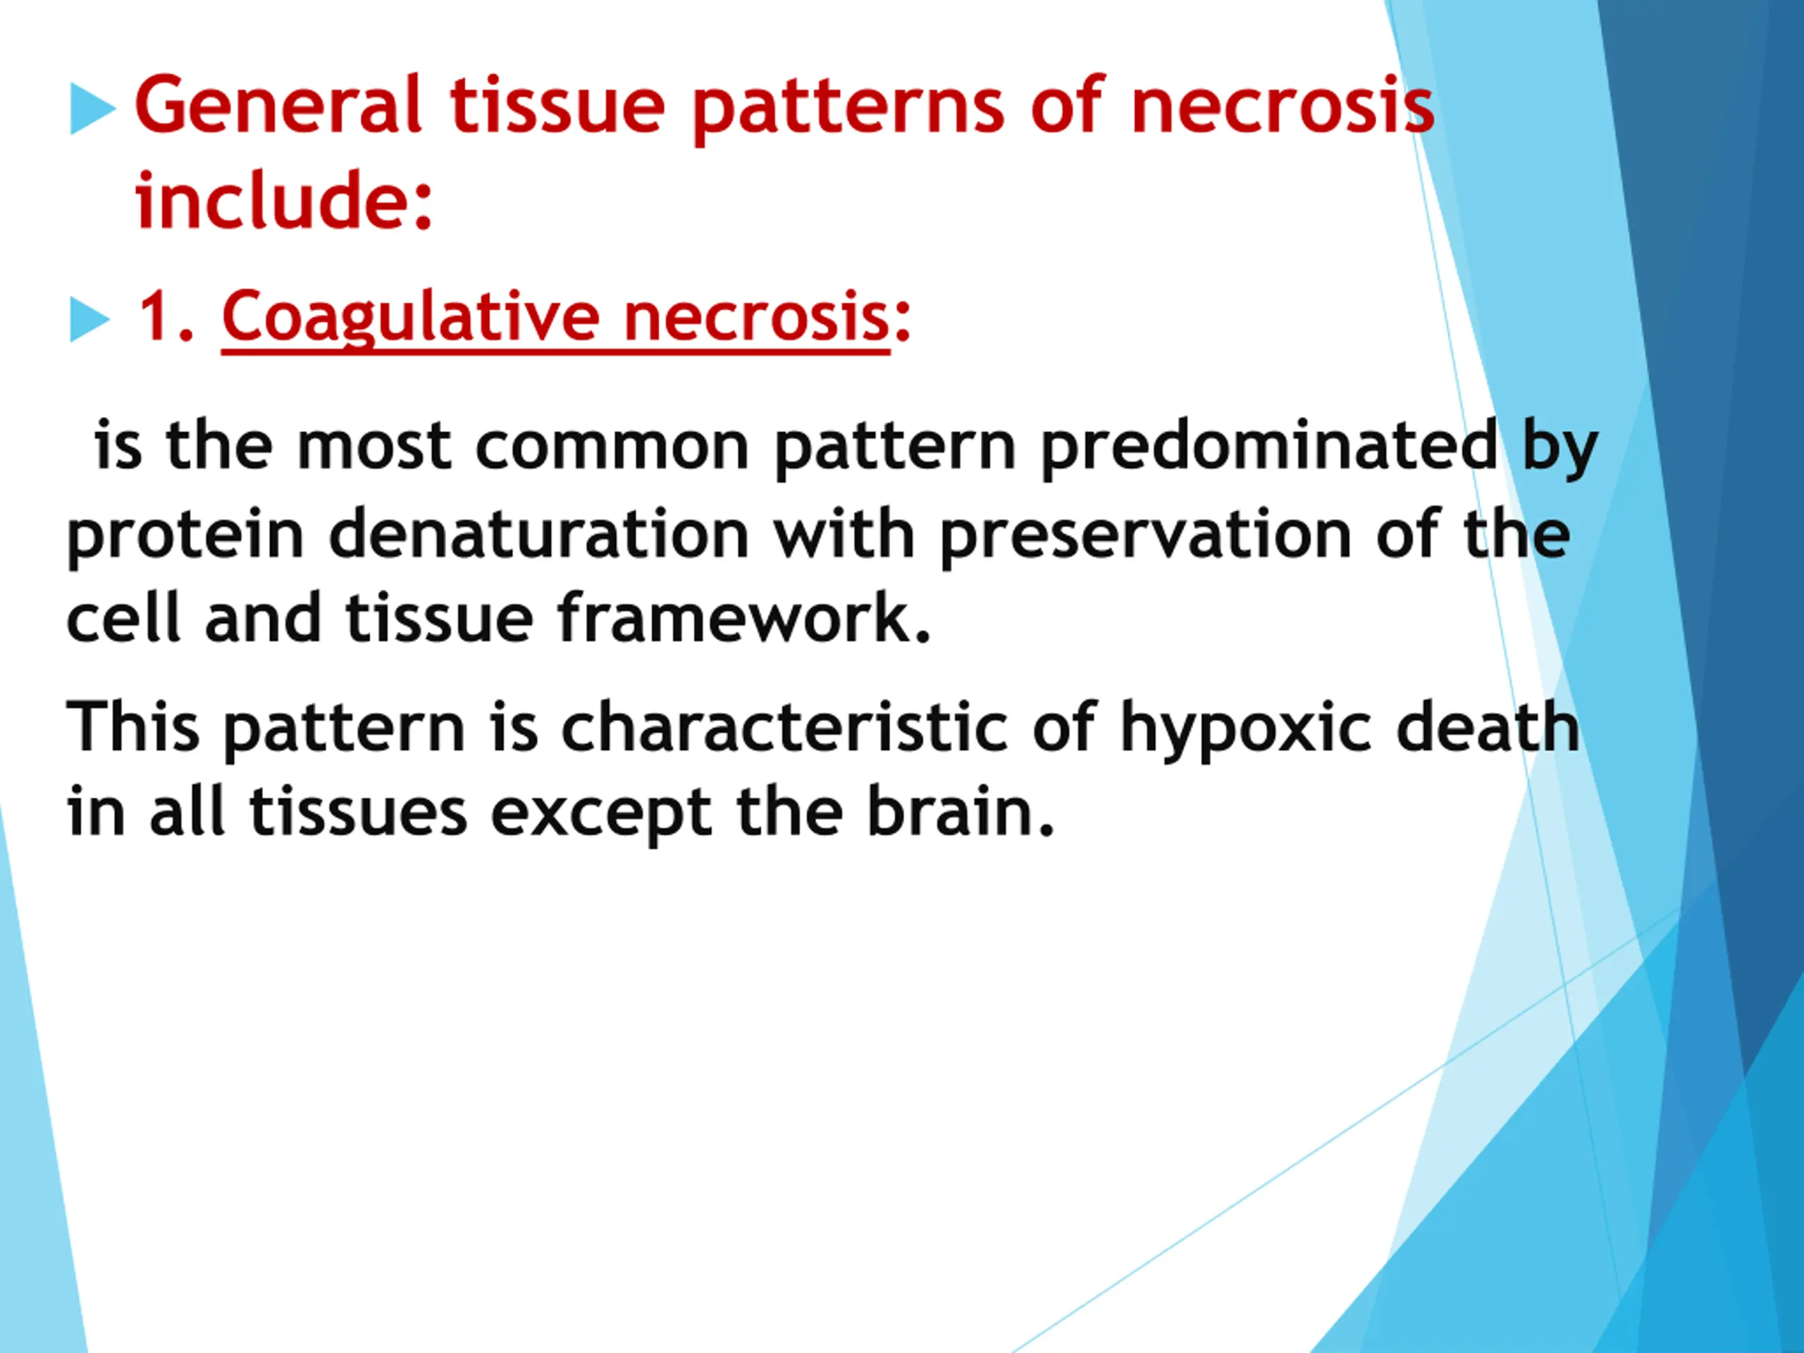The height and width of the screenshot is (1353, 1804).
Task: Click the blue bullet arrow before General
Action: [x=93, y=109]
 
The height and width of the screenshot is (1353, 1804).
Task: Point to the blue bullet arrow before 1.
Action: [x=89, y=319]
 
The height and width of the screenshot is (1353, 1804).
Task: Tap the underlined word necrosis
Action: [x=756, y=318]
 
